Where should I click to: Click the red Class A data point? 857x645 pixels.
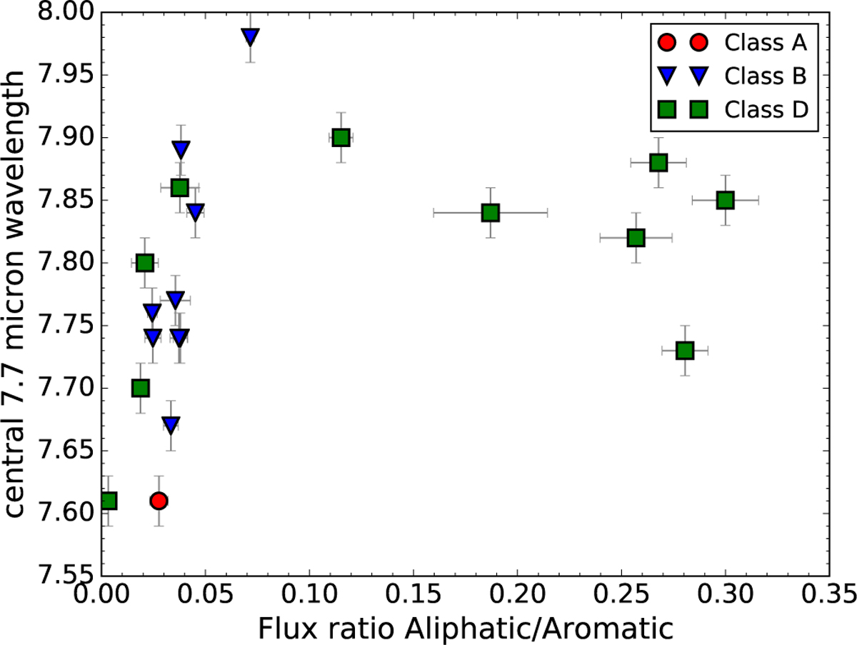tap(159, 501)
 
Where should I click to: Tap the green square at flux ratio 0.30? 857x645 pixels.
tap(725, 200)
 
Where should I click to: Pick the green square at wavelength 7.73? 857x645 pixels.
tap(685, 351)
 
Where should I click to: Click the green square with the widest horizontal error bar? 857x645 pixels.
tap(490, 212)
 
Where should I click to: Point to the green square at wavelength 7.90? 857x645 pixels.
tap(341, 137)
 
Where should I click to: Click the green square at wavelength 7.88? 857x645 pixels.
tap(658, 162)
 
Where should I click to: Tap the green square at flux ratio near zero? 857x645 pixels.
tap(108, 501)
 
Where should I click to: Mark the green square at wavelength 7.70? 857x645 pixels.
tap(141, 388)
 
